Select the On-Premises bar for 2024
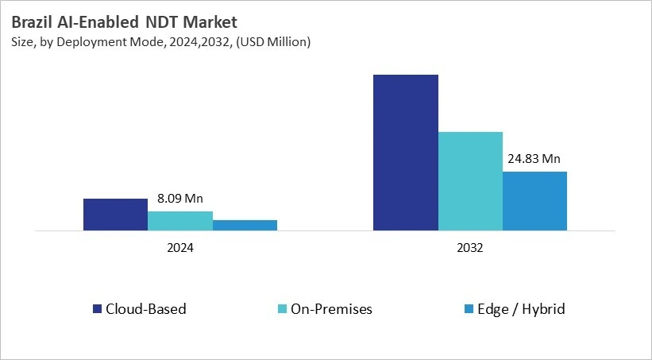[x=180, y=221]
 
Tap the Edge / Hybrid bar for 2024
[x=245, y=225]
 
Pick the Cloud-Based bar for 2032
[x=405, y=153]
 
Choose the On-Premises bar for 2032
[x=470, y=181]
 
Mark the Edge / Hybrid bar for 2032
[x=534, y=201]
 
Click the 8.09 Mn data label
[x=180, y=199]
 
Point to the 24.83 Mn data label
[x=535, y=157]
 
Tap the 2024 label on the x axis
[x=180, y=248]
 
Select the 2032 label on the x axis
[x=470, y=248]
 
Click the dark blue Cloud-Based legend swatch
[x=98, y=308]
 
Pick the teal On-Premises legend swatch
[x=283, y=308]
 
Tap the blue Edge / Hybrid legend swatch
[x=469, y=308]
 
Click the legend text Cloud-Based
[x=146, y=308]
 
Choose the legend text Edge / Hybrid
[x=521, y=308]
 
